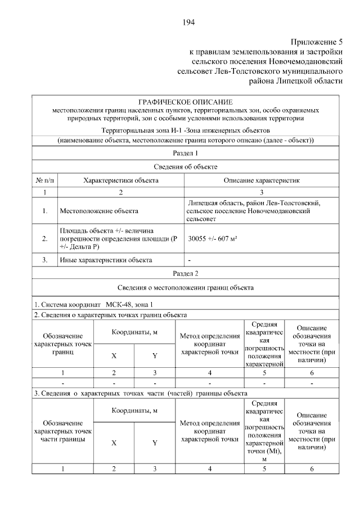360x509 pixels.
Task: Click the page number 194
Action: coord(188,22)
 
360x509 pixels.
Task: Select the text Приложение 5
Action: coord(316,42)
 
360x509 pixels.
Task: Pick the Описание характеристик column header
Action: coord(262,181)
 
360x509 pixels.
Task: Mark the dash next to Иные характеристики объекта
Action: coord(190,260)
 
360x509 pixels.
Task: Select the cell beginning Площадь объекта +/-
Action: coord(118,238)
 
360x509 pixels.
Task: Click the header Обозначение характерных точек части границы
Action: coord(62,431)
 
